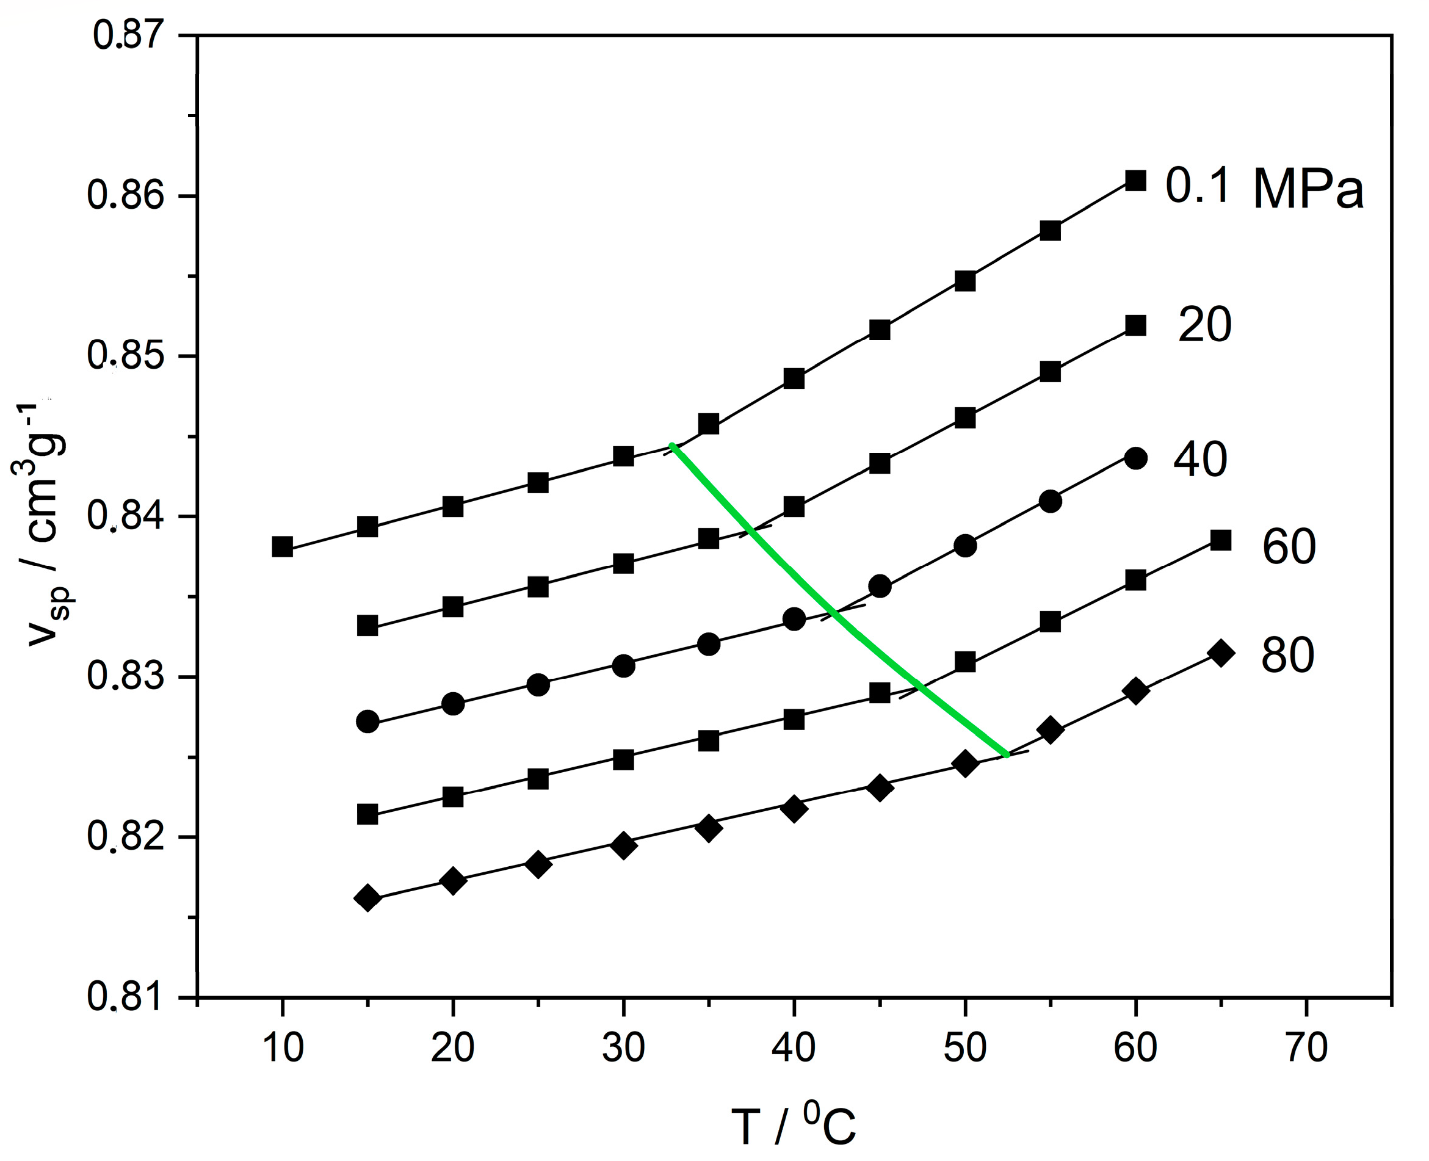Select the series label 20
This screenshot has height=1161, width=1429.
(x=1204, y=326)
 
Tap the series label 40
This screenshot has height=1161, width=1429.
(x=1200, y=460)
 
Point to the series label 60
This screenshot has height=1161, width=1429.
(x=1289, y=546)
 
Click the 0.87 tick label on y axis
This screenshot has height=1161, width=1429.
(x=128, y=35)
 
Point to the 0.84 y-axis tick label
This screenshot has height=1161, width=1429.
(x=126, y=517)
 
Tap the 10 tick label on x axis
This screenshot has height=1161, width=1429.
(x=283, y=1048)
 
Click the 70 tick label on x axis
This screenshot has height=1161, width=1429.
(x=1306, y=1048)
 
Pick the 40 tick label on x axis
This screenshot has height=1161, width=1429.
(x=793, y=1048)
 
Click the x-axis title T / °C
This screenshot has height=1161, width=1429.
(x=793, y=1127)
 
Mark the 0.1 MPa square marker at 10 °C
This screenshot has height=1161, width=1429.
(x=282, y=546)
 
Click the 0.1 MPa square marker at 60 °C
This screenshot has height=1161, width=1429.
(x=1135, y=181)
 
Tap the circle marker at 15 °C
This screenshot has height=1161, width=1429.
(x=368, y=722)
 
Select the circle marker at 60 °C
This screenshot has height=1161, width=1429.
(x=1135, y=458)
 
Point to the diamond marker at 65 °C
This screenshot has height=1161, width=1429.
(x=1220, y=653)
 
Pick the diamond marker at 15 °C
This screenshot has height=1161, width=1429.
(x=368, y=897)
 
